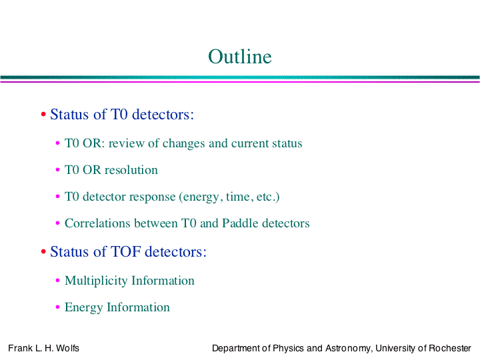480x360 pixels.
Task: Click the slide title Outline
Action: pos(240,57)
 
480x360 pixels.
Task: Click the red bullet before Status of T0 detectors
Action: pos(43,115)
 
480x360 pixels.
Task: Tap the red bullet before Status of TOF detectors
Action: pos(43,251)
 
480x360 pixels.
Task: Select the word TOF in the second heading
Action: pos(126,251)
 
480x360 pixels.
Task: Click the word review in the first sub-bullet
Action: pos(127,143)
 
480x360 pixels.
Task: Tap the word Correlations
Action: pos(97,223)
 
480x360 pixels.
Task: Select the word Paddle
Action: pos(240,223)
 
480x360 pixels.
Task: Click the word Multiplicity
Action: pos(96,281)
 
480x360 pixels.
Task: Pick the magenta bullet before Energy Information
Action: pos(57,307)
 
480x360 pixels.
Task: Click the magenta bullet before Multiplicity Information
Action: pos(57,281)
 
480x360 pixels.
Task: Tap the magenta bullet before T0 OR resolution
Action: pos(57,170)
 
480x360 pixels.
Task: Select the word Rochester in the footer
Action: pos(450,348)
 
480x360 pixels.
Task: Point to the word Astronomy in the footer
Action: pos(349,349)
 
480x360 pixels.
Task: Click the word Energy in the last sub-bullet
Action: pos(83,307)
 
